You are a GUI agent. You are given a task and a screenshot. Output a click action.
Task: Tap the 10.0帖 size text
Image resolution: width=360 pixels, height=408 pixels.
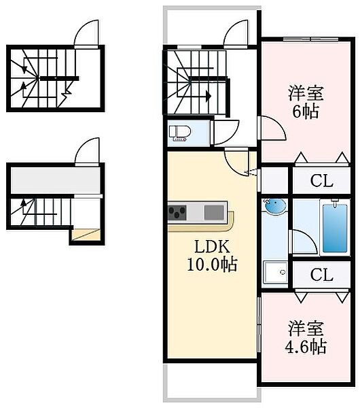(x=212, y=265)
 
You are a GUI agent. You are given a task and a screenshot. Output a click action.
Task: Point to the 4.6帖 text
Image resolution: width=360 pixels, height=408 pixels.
(x=304, y=347)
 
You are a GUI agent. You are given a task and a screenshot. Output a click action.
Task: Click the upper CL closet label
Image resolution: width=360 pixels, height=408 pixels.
(x=322, y=182)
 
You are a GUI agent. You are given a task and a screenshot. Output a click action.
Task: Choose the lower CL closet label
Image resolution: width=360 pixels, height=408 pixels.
(x=322, y=275)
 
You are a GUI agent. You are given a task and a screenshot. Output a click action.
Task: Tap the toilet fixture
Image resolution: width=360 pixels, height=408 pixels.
(x=180, y=133)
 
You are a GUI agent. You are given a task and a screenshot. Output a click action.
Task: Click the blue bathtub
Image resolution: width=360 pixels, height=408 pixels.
(x=332, y=226)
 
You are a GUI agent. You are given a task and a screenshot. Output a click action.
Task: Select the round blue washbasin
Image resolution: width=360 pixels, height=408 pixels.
(x=274, y=206)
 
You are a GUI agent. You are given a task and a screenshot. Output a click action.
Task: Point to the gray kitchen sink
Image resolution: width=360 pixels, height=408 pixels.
(x=213, y=212)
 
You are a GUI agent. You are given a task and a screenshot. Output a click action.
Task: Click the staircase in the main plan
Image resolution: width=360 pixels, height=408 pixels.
(x=193, y=82)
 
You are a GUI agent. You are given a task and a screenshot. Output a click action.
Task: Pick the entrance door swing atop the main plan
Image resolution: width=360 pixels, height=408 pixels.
(x=238, y=33)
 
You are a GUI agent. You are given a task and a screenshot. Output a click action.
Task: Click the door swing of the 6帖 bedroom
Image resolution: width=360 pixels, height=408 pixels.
(x=270, y=128)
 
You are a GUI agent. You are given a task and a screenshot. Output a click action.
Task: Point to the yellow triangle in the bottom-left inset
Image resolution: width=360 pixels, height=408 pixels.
(x=86, y=235)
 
